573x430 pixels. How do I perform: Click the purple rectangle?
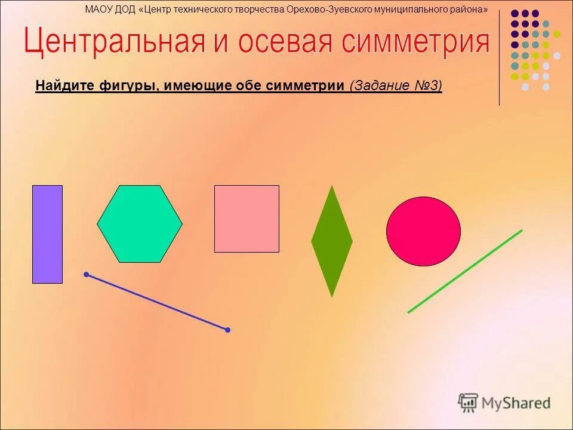point(47,234)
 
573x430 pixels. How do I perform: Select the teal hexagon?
point(140,224)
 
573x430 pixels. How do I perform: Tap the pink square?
point(247,219)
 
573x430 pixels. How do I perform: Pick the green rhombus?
point(332,241)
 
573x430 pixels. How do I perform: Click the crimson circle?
point(423,231)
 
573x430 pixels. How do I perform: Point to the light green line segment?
point(465,271)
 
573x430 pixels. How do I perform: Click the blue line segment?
point(157,302)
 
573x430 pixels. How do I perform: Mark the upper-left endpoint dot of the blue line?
point(87,275)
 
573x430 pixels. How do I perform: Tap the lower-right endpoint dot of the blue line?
point(227,330)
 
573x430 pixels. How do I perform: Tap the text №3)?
point(427,86)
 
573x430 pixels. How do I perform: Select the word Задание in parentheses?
point(380,86)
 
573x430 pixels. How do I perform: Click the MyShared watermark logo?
point(504,403)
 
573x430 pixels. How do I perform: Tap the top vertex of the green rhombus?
point(332,186)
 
